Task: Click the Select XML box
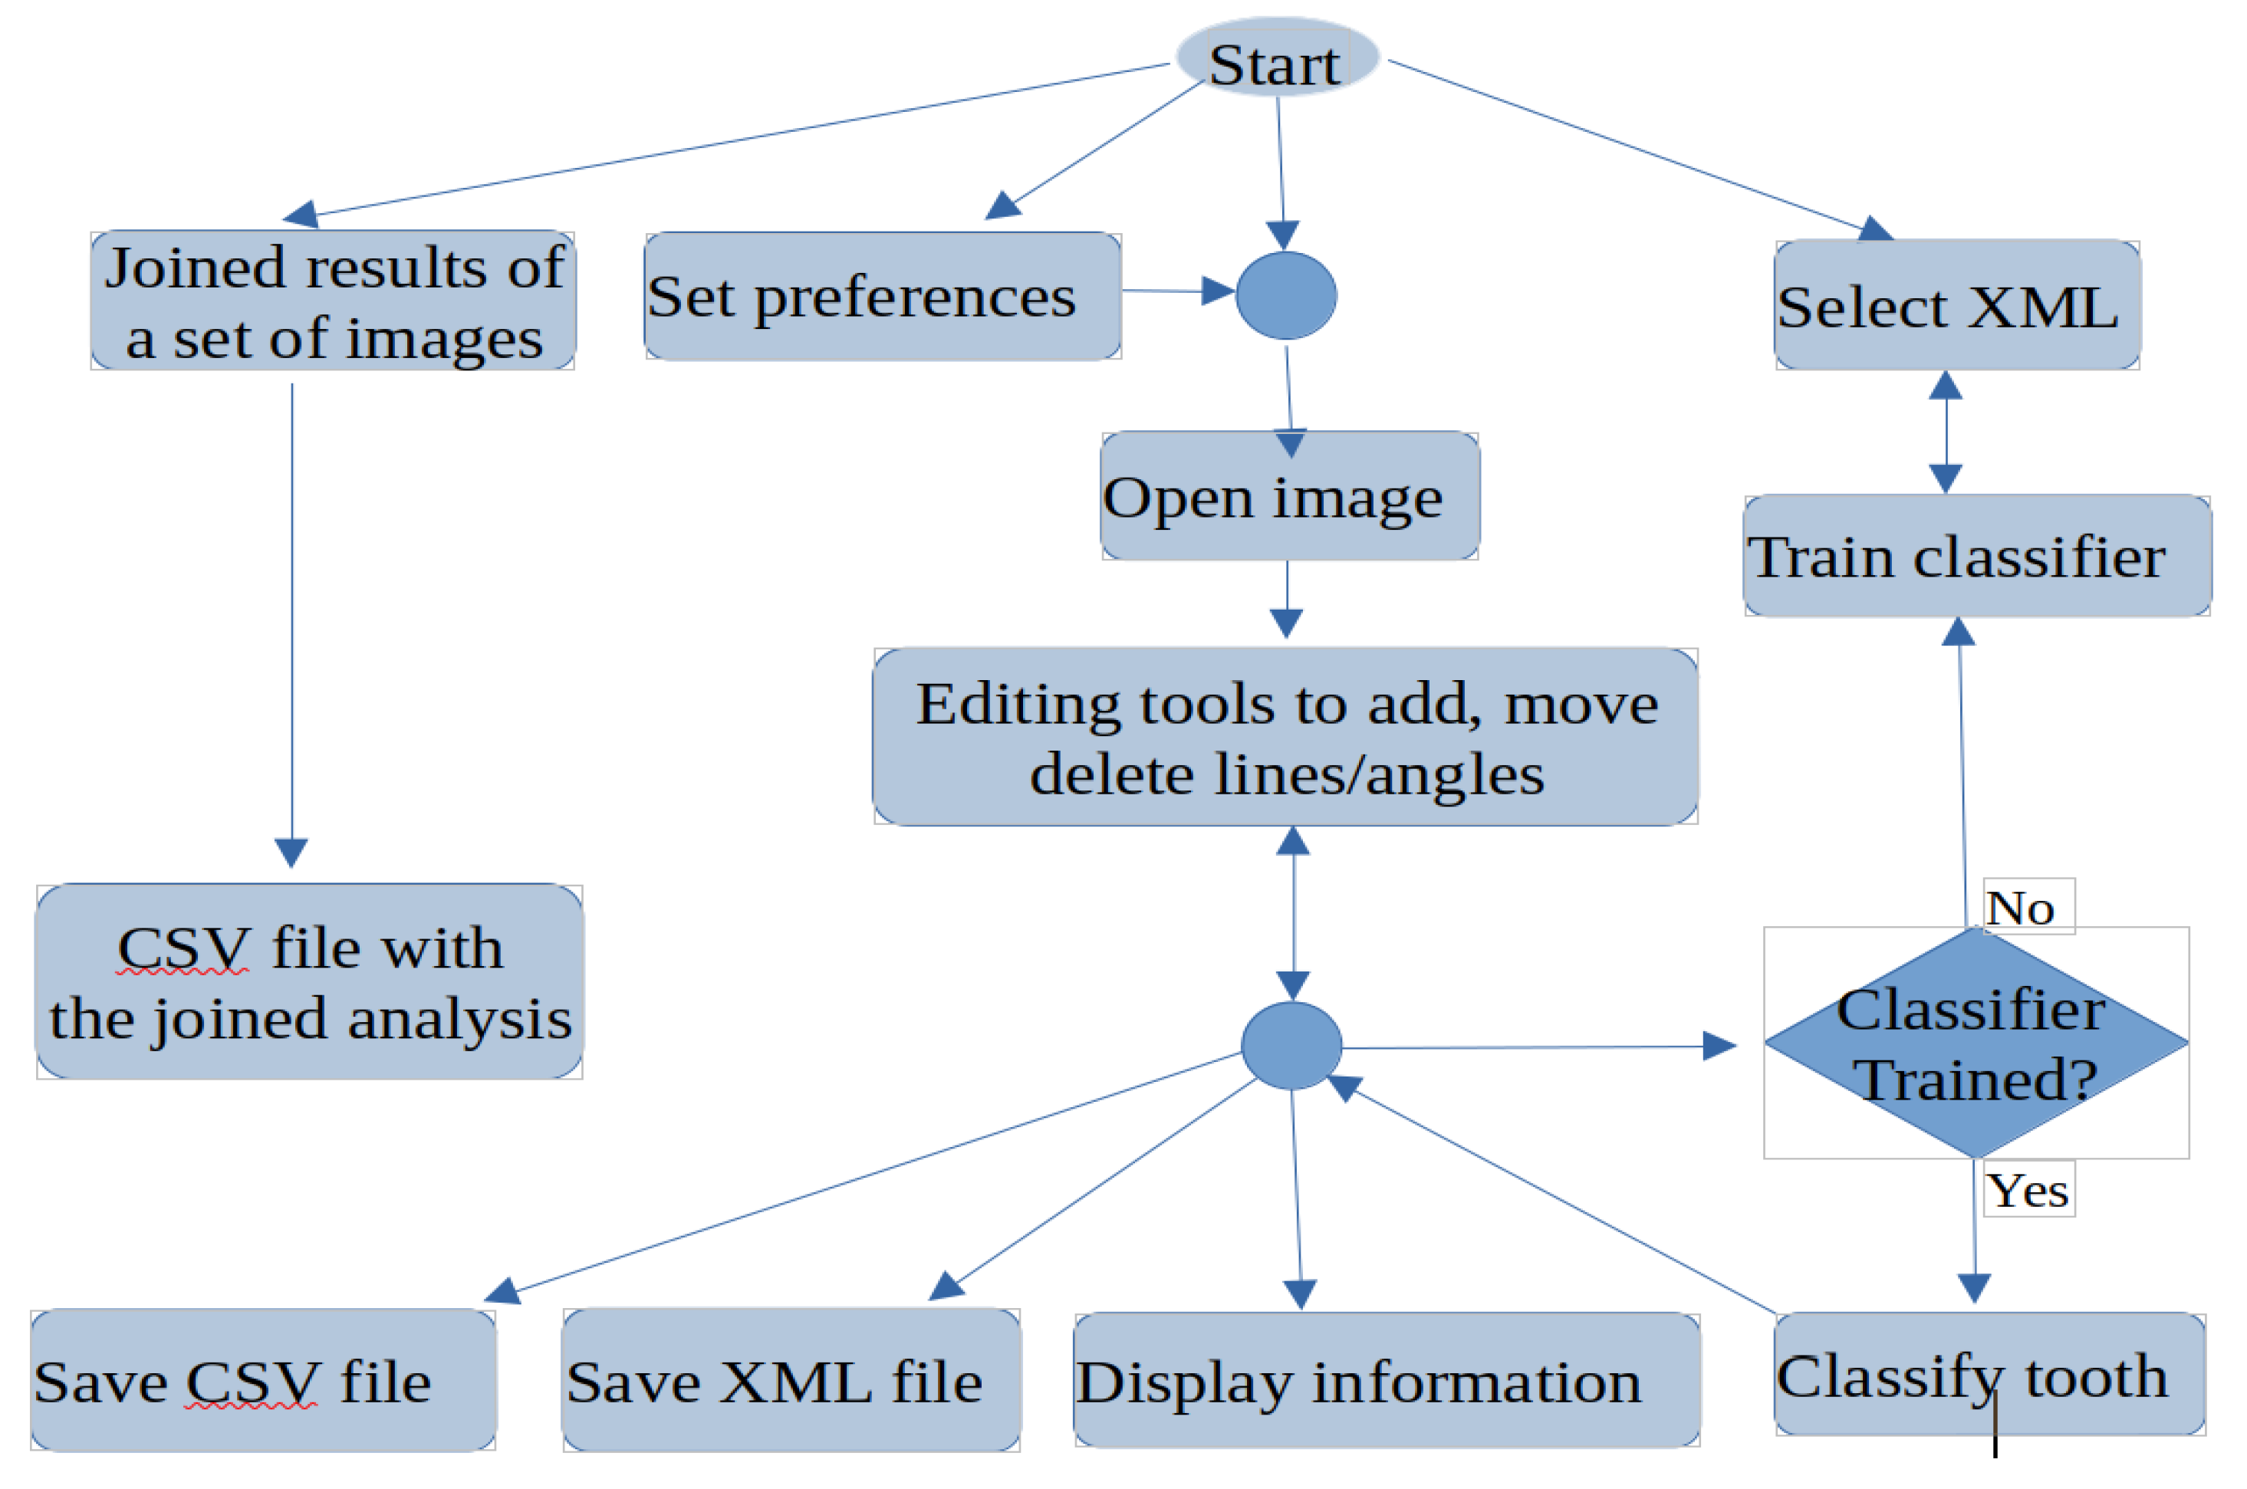tap(1956, 306)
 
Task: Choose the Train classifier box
tap(1976, 557)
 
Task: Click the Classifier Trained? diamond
tap(1976, 1044)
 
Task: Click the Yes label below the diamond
tap(2028, 1191)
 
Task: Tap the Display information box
tap(1386, 1382)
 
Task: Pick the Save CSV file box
tap(263, 1382)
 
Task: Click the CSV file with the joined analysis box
tap(310, 983)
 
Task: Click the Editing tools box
tap(1285, 738)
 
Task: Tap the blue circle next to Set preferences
tap(1286, 296)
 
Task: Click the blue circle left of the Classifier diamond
tap(1291, 1046)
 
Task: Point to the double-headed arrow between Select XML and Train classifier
tap(1946, 433)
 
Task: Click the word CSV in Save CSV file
tap(252, 1382)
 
